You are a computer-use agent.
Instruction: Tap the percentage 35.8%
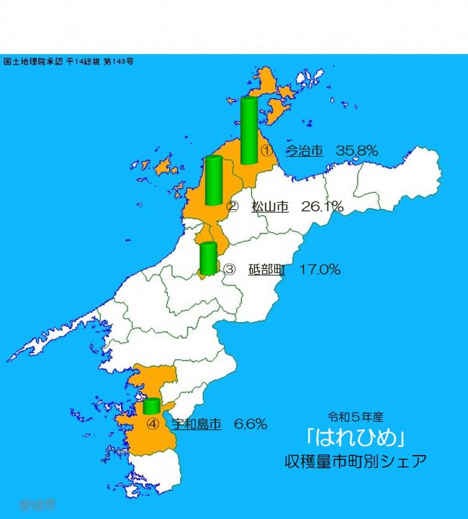point(356,151)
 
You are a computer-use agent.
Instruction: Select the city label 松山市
point(270,207)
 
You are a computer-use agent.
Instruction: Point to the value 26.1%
point(322,207)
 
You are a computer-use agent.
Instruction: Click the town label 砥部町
point(267,270)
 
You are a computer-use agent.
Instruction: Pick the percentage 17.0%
point(320,270)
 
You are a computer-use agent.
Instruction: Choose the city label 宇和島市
point(196,424)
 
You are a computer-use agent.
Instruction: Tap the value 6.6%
point(251,424)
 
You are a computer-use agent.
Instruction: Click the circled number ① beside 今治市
point(266,152)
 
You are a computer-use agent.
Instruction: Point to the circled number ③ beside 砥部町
point(230,271)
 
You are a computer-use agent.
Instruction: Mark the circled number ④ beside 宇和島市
point(152,424)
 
